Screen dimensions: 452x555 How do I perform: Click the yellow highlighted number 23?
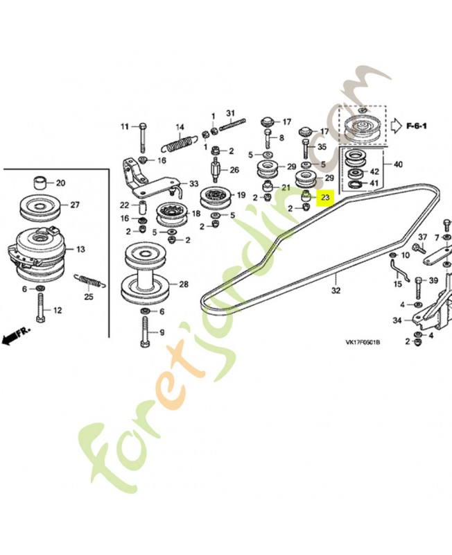pos(325,197)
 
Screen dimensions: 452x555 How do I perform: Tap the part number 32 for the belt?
pos(336,290)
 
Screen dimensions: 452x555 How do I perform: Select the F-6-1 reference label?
pos(416,126)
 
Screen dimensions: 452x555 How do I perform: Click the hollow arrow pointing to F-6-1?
pos(397,126)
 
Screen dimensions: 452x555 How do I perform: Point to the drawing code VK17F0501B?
pos(363,342)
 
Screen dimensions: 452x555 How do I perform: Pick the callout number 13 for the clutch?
pos(80,249)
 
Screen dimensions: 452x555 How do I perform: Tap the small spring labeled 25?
pos(89,281)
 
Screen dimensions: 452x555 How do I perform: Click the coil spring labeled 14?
pos(179,144)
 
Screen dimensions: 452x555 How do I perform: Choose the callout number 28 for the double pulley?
pos(184,284)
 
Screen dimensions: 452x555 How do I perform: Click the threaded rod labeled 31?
pos(232,125)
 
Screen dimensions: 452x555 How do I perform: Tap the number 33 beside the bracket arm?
pos(194,184)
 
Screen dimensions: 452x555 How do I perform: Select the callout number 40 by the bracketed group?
pos(398,164)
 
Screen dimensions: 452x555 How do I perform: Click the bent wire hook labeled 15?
pos(399,270)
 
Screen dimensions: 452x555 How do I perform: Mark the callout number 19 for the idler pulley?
pos(241,195)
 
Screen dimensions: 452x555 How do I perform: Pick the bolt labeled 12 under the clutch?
pos(40,308)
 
